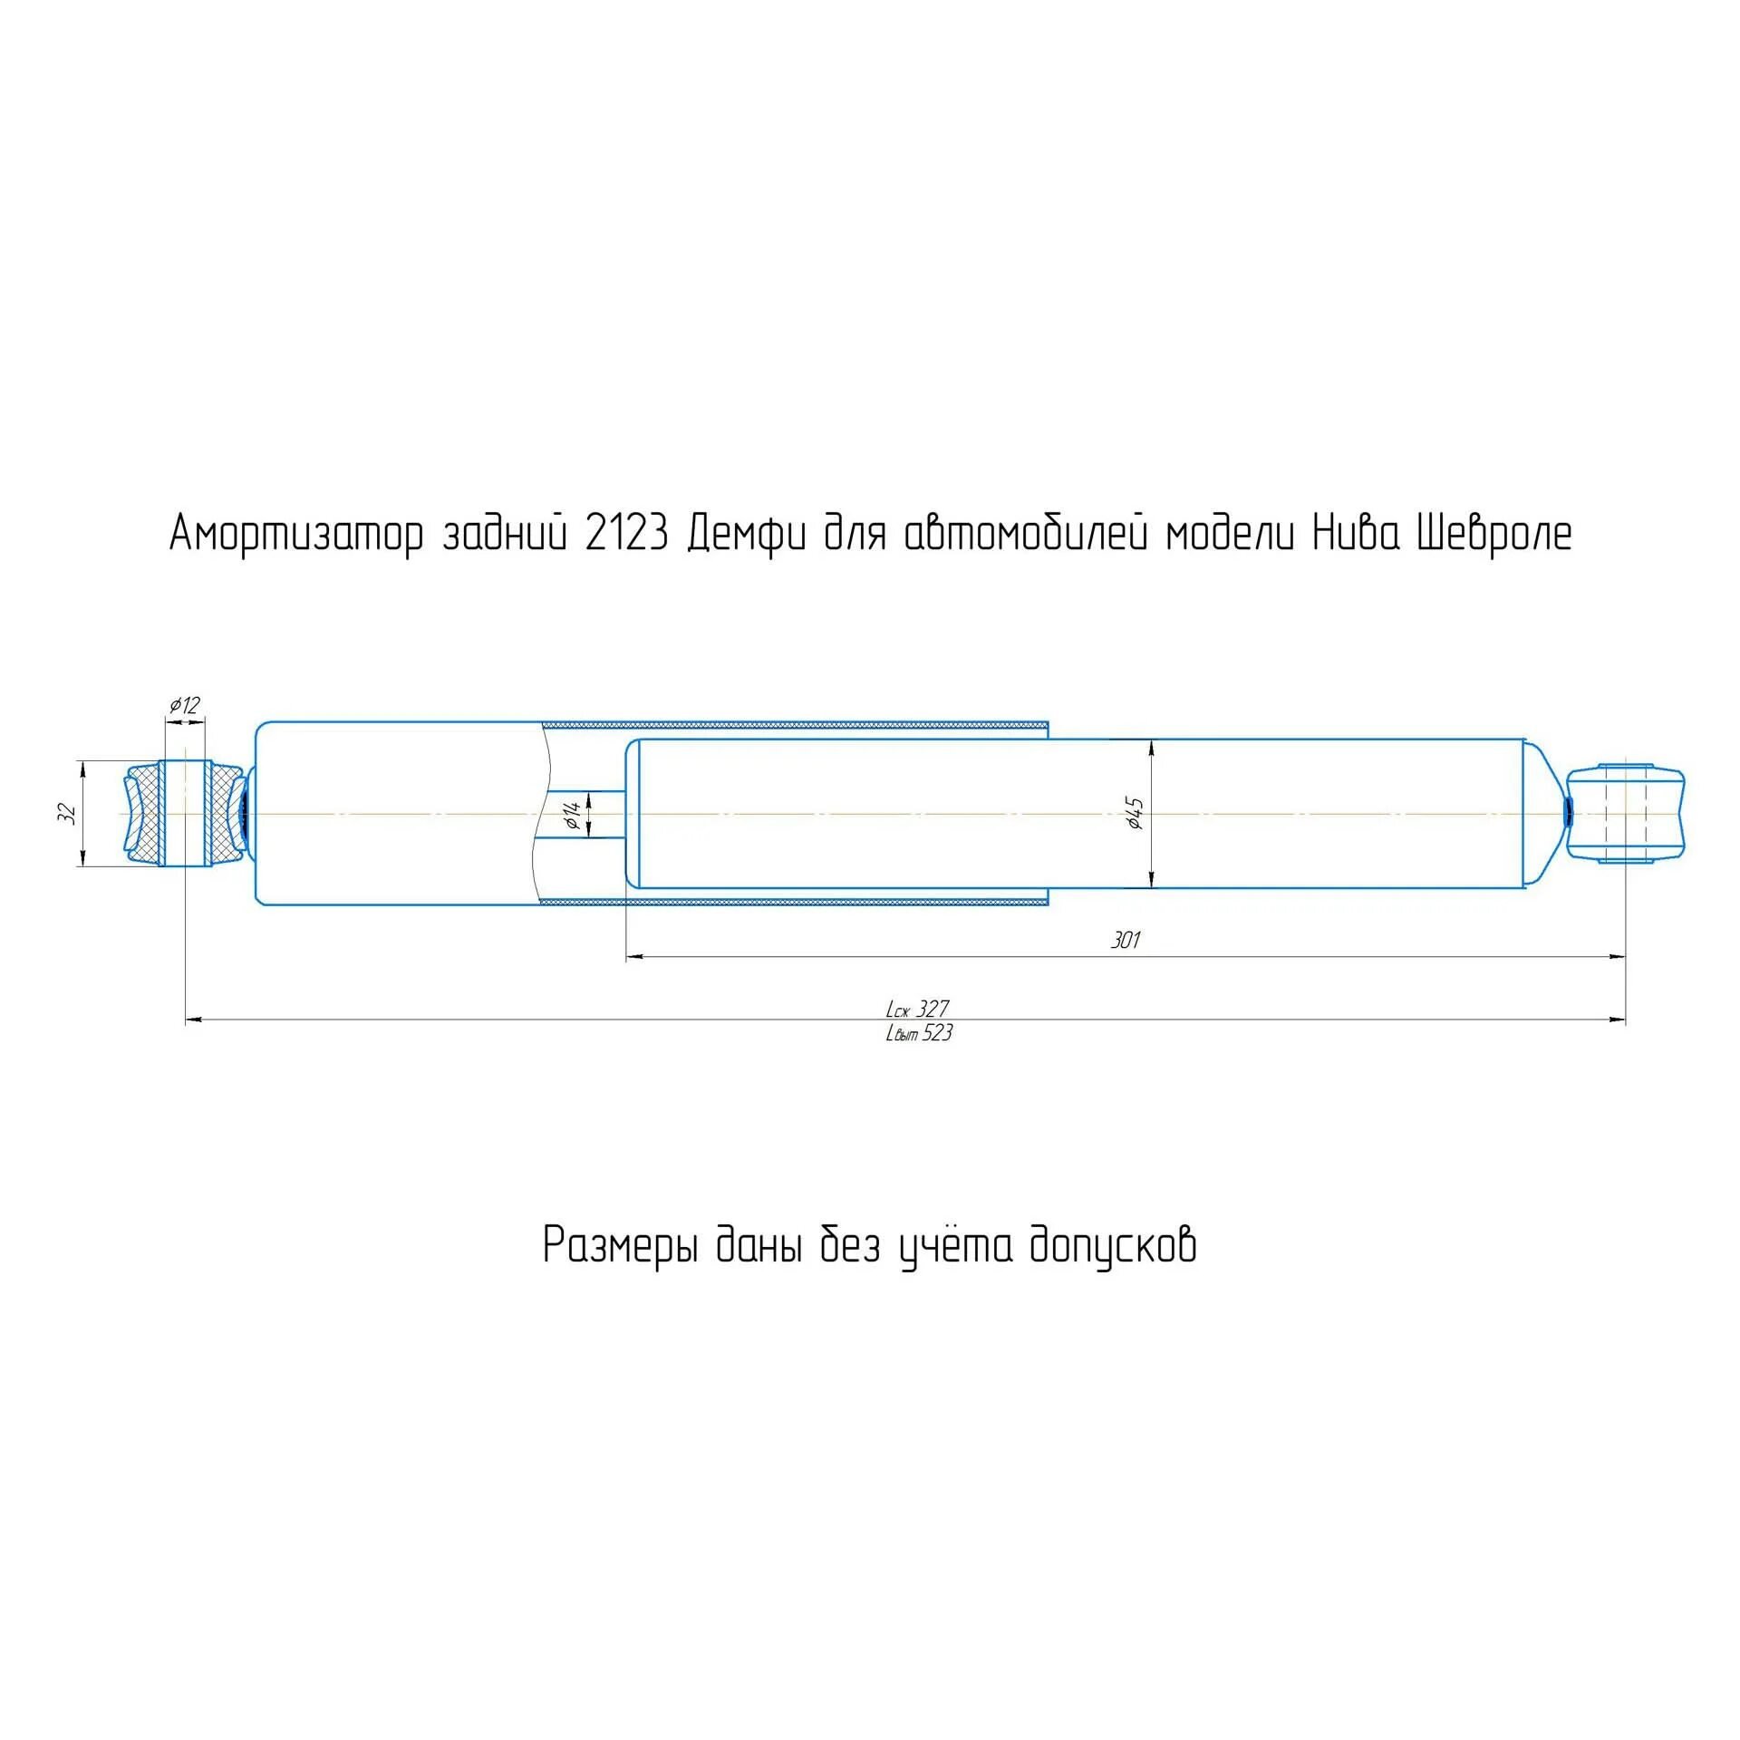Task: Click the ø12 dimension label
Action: click(184, 705)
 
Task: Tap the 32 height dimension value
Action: click(66, 813)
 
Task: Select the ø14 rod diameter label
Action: click(572, 815)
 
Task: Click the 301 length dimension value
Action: click(1125, 941)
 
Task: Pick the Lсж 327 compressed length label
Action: click(917, 1009)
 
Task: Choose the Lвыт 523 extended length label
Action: click(919, 1033)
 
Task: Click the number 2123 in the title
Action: click(626, 534)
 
